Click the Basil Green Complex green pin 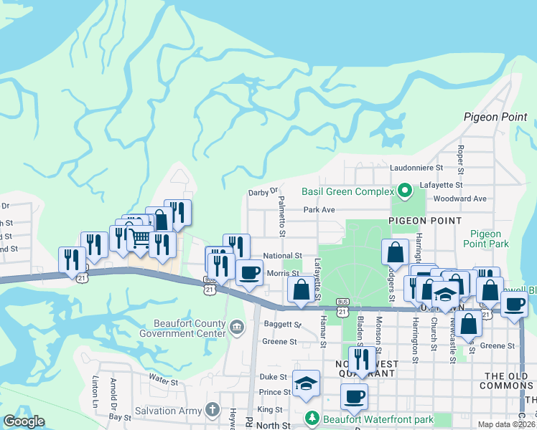[x=404, y=191]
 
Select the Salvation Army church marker [x=211, y=408]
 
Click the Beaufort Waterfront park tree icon [x=312, y=417]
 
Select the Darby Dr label [x=262, y=192]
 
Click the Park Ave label [x=319, y=210]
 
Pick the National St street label [x=282, y=255]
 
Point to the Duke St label [x=273, y=376]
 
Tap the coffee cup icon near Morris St [x=249, y=272]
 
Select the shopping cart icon [x=141, y=238]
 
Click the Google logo [x=24, y=421]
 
